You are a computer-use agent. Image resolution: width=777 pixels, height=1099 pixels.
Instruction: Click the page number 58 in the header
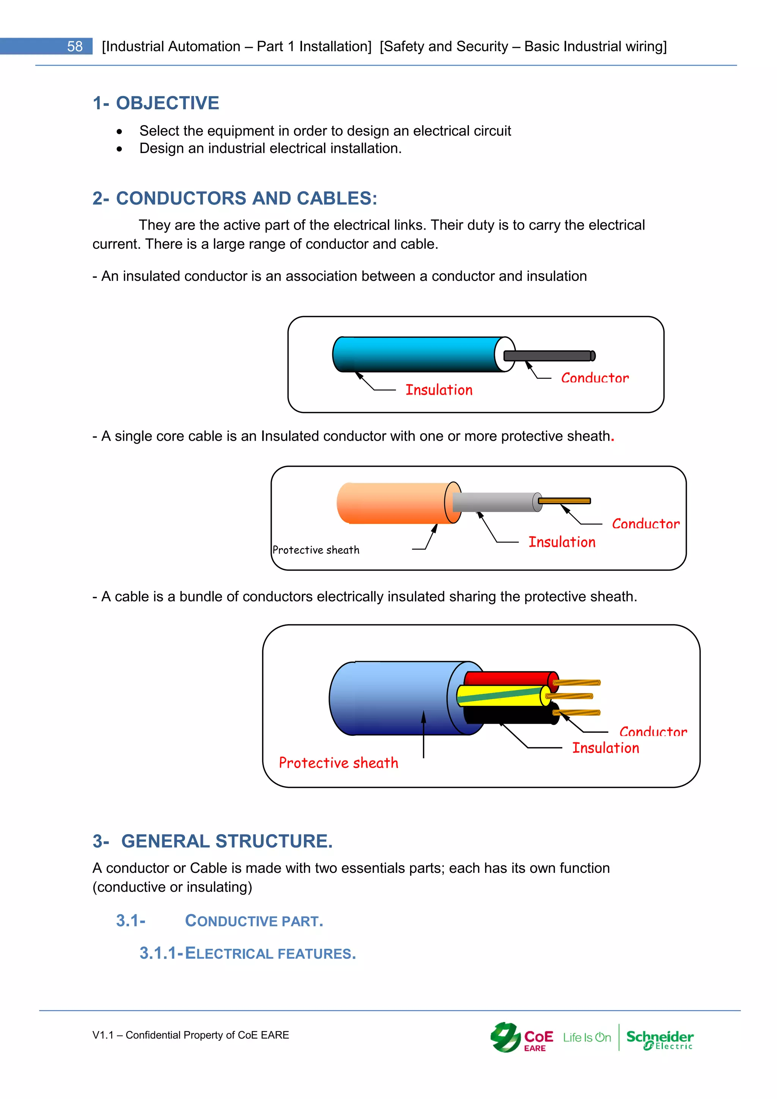(75, 46)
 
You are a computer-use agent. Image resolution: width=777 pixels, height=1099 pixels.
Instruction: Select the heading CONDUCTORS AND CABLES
(246, 198)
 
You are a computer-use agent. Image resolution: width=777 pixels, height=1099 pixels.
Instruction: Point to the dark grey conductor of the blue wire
(548, 356)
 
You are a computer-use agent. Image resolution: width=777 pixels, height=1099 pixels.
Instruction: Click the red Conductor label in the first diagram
(595, 378)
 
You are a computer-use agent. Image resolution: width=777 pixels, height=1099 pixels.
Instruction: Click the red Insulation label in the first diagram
(439, 390)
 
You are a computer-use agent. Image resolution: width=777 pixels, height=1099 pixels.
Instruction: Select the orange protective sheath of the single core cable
(392, 502)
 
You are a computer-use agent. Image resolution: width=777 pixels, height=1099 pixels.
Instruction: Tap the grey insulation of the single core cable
(493, 502)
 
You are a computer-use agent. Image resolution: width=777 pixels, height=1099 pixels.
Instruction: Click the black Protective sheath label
(316, 550)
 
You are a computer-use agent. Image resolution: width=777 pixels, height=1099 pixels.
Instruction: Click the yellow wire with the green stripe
(500, 696)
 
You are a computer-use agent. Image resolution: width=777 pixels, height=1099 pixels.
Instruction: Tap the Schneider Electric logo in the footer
(660, 1039)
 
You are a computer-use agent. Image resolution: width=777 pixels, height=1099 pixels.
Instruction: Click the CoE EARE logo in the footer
(522, 1038)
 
